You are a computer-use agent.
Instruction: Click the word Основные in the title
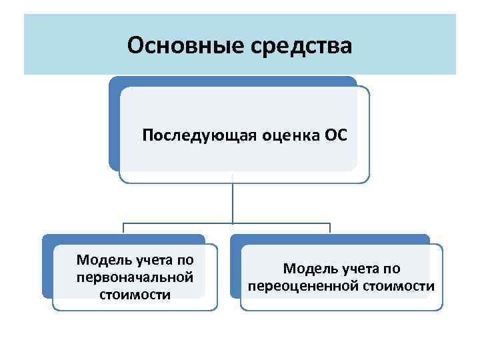click(182, 46)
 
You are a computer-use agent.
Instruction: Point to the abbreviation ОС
click(335, 136)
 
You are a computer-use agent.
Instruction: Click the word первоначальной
click(135, 275)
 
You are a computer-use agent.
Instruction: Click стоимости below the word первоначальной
click(135, 294)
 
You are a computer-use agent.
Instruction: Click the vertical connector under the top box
click(233, 200)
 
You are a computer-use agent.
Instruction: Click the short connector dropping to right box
click(330, 229)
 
